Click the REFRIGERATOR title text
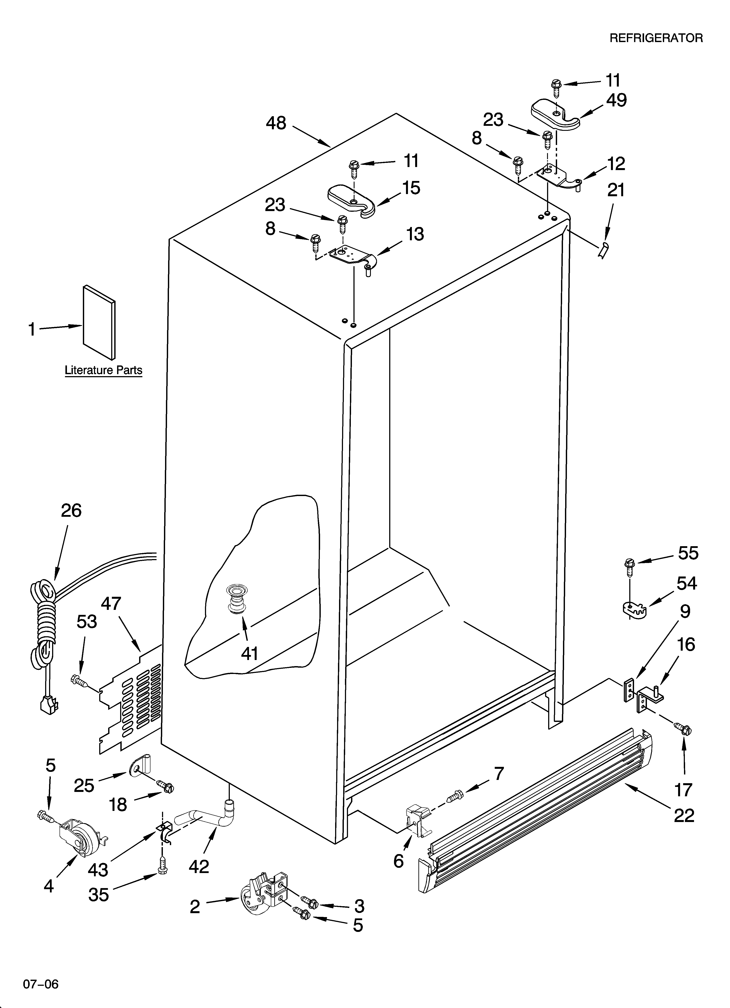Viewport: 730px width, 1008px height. coord(656,38)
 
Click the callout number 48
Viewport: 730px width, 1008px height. coord(276,123)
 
